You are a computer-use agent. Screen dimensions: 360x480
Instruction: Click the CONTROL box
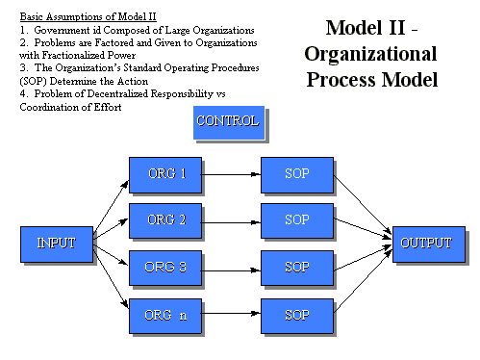click(227, 121)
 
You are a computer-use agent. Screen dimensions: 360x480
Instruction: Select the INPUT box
click(56, 244)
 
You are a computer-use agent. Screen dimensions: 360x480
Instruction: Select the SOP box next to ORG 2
click(297, 220)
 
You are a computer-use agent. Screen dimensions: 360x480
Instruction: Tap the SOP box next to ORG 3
click(297, 266)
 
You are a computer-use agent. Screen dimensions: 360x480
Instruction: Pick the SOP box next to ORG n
click(297, 314)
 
